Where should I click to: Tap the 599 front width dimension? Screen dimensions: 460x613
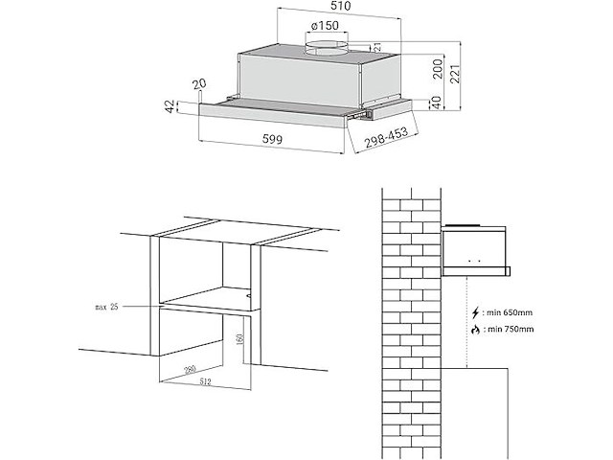(x=274, y=138)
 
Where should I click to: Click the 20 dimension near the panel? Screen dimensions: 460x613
(x=198, y=85)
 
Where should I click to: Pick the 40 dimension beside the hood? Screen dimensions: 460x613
(x=436, y=103)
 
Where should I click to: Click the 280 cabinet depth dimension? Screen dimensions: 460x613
(x=190, y=369)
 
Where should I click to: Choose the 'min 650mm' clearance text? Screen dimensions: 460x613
(x=509, y=313)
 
